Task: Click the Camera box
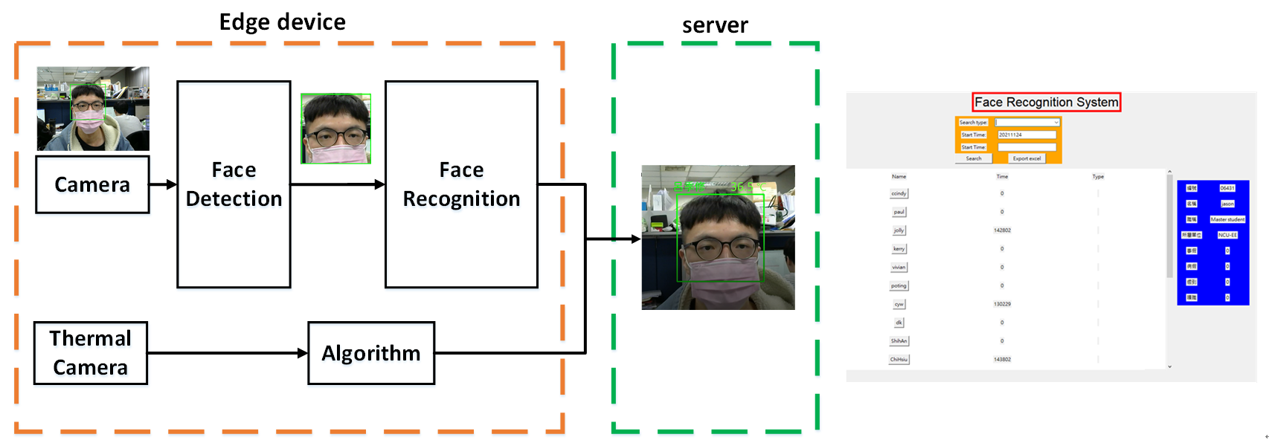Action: click(92, 184)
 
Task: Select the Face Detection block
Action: click(234, 184)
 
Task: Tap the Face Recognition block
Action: click(461, 184)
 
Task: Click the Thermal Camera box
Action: click(91, 353)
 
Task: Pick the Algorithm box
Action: click(371, 353)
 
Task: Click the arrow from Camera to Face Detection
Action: click(163, 184)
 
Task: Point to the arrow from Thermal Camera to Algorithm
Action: click(227, 353)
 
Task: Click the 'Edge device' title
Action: click(282, 22)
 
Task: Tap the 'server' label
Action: click(715, 25)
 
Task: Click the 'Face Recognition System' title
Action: click(1046, 102)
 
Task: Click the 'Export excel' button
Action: click(1027, 158)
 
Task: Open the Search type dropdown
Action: click(1027, 123)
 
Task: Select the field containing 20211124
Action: click(1027, 135)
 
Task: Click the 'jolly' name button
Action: click(899, 230)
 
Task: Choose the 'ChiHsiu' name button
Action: click(899, 360)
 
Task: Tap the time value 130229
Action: click(1002, 304)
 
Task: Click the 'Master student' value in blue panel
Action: click(1227, 219)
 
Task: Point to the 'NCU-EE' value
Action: click(1227, 235)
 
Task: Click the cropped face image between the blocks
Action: click(335, 129)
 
